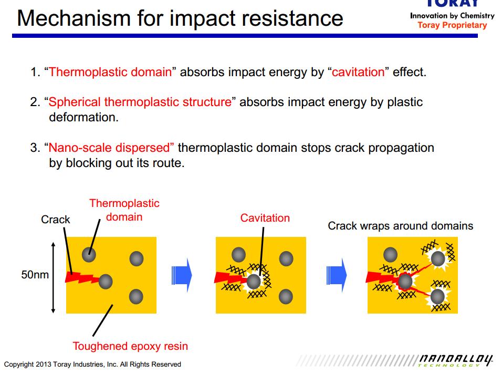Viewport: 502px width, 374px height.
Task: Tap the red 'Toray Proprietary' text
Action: tap(452, 25)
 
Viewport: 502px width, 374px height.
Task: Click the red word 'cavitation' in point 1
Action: tap(358, 72)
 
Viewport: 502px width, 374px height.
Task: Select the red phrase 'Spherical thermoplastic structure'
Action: tap(140, 102)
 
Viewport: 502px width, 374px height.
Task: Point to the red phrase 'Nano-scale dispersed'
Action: tap(109, 148)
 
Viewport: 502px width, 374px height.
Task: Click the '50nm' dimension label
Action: tap(35, 274)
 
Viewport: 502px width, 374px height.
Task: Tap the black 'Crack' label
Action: tap(55, 220)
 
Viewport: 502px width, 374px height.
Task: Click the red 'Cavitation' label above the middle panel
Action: tap(265, 218)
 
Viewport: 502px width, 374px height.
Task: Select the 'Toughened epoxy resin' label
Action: tap(130, 346)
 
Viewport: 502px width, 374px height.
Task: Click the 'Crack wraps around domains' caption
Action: tap(401, 226)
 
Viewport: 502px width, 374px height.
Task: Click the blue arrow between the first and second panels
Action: tap(182, 275)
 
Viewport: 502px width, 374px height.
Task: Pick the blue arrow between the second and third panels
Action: tap(337, 275)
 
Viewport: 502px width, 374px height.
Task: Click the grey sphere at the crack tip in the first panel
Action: tap(106, 282)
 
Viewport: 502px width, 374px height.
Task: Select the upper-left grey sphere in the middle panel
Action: tap(238, 255)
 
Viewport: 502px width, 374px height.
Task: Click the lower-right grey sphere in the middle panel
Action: tap(286, 296)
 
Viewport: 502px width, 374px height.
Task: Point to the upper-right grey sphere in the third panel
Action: tap(438, 258)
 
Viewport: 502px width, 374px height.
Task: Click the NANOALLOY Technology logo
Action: tap(455, 360)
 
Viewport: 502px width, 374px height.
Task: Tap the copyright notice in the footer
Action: tap(92, 365)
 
